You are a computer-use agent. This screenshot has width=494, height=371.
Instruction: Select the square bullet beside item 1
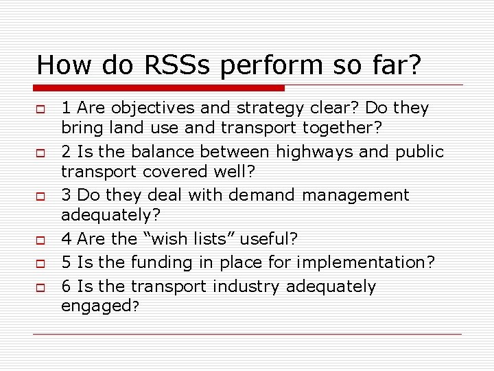pos(41,109)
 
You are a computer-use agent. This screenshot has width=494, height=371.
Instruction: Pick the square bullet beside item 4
pos(41,240)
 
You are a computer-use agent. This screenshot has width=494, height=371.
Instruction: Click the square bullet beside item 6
pos(41,287)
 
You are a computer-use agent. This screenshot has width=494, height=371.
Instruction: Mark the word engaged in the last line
pos(96,306)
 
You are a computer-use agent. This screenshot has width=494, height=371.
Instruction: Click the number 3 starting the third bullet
pos(67,195)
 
